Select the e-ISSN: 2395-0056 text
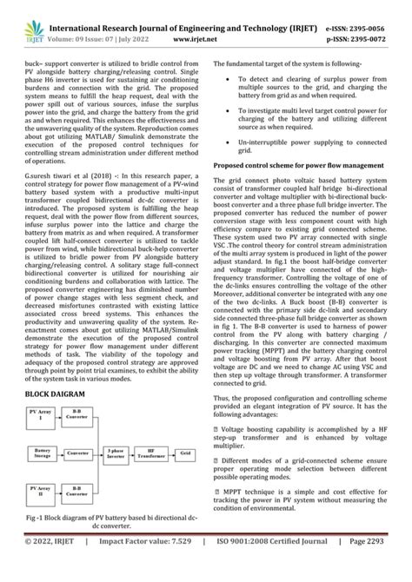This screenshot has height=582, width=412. click(366, 11)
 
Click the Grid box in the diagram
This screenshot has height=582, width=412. click(185, 453)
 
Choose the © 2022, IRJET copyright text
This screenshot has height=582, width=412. click(48, 564)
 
